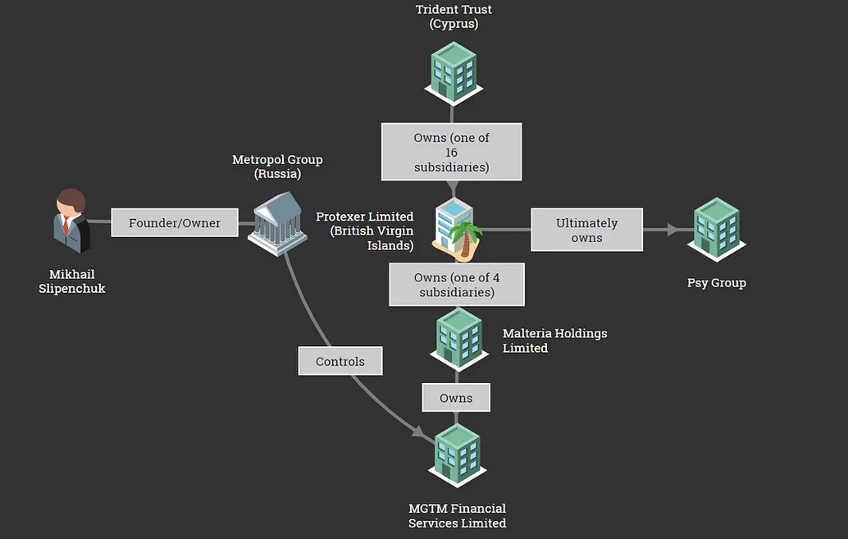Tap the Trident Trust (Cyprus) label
click(x=454, y=16)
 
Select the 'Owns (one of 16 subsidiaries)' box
click(x=452, y=152)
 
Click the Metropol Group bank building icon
click(x=277, y=223)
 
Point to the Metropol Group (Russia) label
click(x=277, y=167)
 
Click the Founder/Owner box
click(x=175, y=222)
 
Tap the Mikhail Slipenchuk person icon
click(x=71, y=221)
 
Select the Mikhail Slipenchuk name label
click(x=72, y=281)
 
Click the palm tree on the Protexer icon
click(x=465, y=239)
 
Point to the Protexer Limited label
click(x=364, y=231)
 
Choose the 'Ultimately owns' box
click(x=586, y=230)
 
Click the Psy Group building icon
click(x=717, y=230)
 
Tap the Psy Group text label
click(x=717, y=283)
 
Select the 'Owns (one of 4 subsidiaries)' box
click(x=457, y=285)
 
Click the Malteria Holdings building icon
click(x=459, y=340)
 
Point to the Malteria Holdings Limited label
click(x=555, y=340)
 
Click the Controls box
click(x=340, y=361)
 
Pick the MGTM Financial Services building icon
click(x=458, y=455)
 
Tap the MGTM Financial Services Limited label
click(x=458, y=516)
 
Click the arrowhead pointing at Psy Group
click(x=672, y=230)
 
